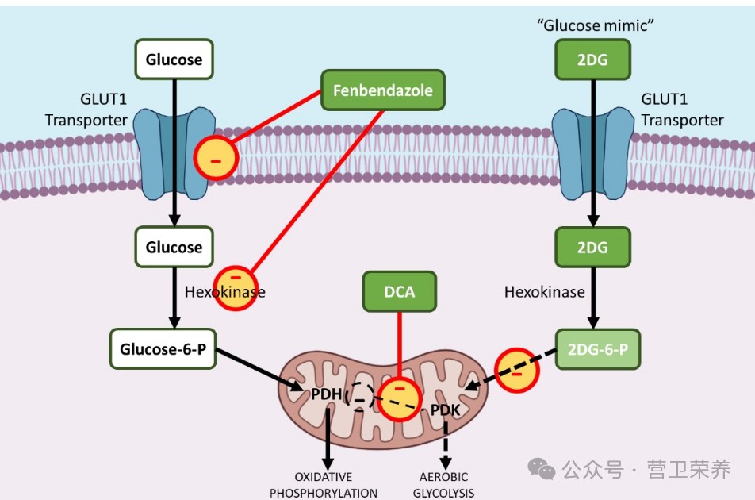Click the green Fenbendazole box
[383, 90]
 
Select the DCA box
[399, 291]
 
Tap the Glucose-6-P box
[163, 348]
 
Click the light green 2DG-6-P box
[597, 349]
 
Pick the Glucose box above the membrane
[174, 60]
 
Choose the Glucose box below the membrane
[174, 247]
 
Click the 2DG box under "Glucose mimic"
[592, 60]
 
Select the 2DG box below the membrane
[592, 247]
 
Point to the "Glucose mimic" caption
[595, 25]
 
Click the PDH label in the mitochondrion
[326, 394]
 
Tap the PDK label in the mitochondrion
[446, 410]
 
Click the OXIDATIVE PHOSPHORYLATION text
[324, 485]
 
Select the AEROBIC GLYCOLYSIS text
[443, 485]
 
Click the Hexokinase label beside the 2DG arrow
[545, 292]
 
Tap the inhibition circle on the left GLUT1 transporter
[217, 157]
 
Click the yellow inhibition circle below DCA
[399, 399]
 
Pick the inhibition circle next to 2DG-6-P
[516, 370]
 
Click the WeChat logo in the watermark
[541, 469]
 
